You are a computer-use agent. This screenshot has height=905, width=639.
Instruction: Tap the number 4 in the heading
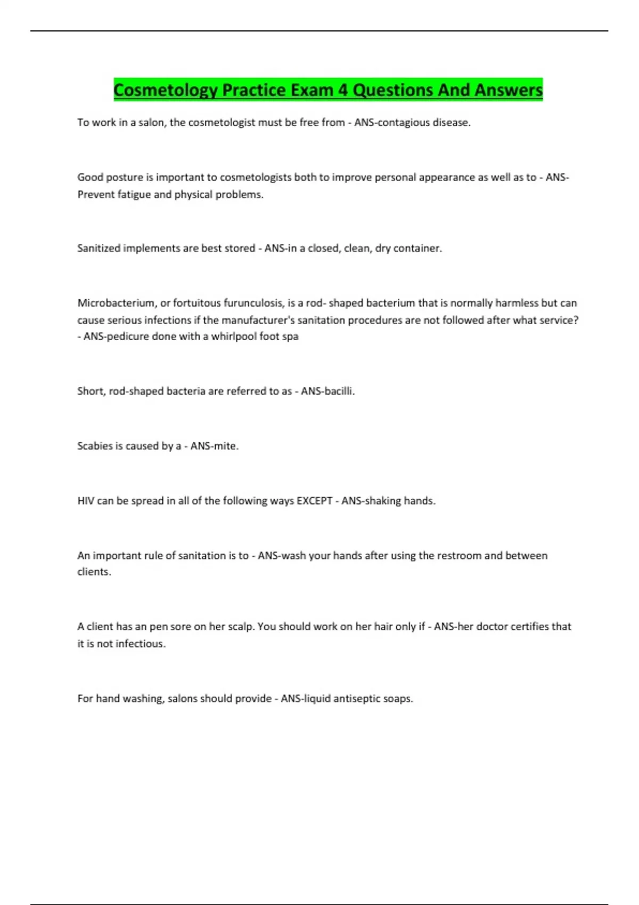click(342, 90)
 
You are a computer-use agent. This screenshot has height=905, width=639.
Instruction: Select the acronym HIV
click(85, 501)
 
